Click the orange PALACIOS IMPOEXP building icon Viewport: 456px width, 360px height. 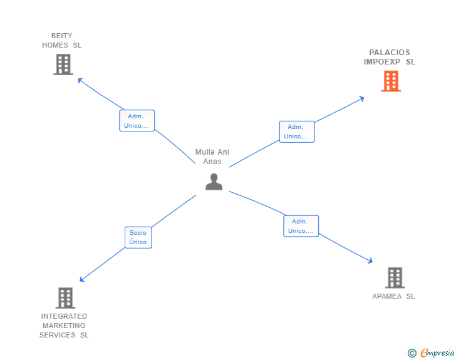click(391, 81)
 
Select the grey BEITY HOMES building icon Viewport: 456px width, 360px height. click(63, 64)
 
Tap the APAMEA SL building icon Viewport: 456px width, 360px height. click(394, 277)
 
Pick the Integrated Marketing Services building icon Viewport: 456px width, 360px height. click(65, 298)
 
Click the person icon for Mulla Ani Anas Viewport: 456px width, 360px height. click(214, 182)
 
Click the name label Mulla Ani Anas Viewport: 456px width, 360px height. click(212, 157)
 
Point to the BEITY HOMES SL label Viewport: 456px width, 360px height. click(62, 41)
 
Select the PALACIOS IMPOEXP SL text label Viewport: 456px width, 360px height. click(390, 57)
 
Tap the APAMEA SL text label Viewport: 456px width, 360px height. click(393, 296)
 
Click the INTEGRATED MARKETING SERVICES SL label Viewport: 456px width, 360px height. click(64, 326)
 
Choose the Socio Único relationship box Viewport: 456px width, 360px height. click(138, 237)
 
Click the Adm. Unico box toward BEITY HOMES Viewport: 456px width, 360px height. click(137, 121)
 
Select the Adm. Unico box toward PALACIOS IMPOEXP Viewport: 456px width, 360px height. click(296, 131)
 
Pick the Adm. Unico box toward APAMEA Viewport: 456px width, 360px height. click(301, 226)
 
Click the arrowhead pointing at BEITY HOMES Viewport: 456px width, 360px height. click(80, 80)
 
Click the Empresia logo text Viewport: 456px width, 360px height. click(437, 353)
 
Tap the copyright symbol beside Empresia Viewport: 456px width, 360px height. click(412, 353)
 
